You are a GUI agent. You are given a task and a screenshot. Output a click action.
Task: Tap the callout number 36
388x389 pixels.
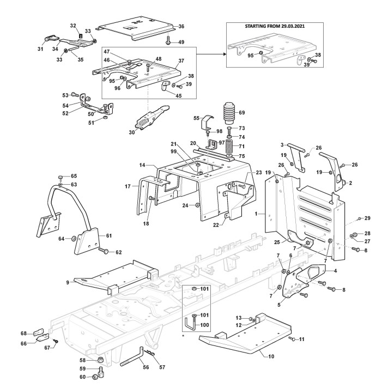click(181, 26)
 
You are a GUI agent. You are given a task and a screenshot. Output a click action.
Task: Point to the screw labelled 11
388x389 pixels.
click(293, 339)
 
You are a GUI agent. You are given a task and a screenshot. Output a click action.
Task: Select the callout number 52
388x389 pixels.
click(66, 113)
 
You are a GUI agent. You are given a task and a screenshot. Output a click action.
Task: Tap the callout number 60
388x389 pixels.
click(82, 377)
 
